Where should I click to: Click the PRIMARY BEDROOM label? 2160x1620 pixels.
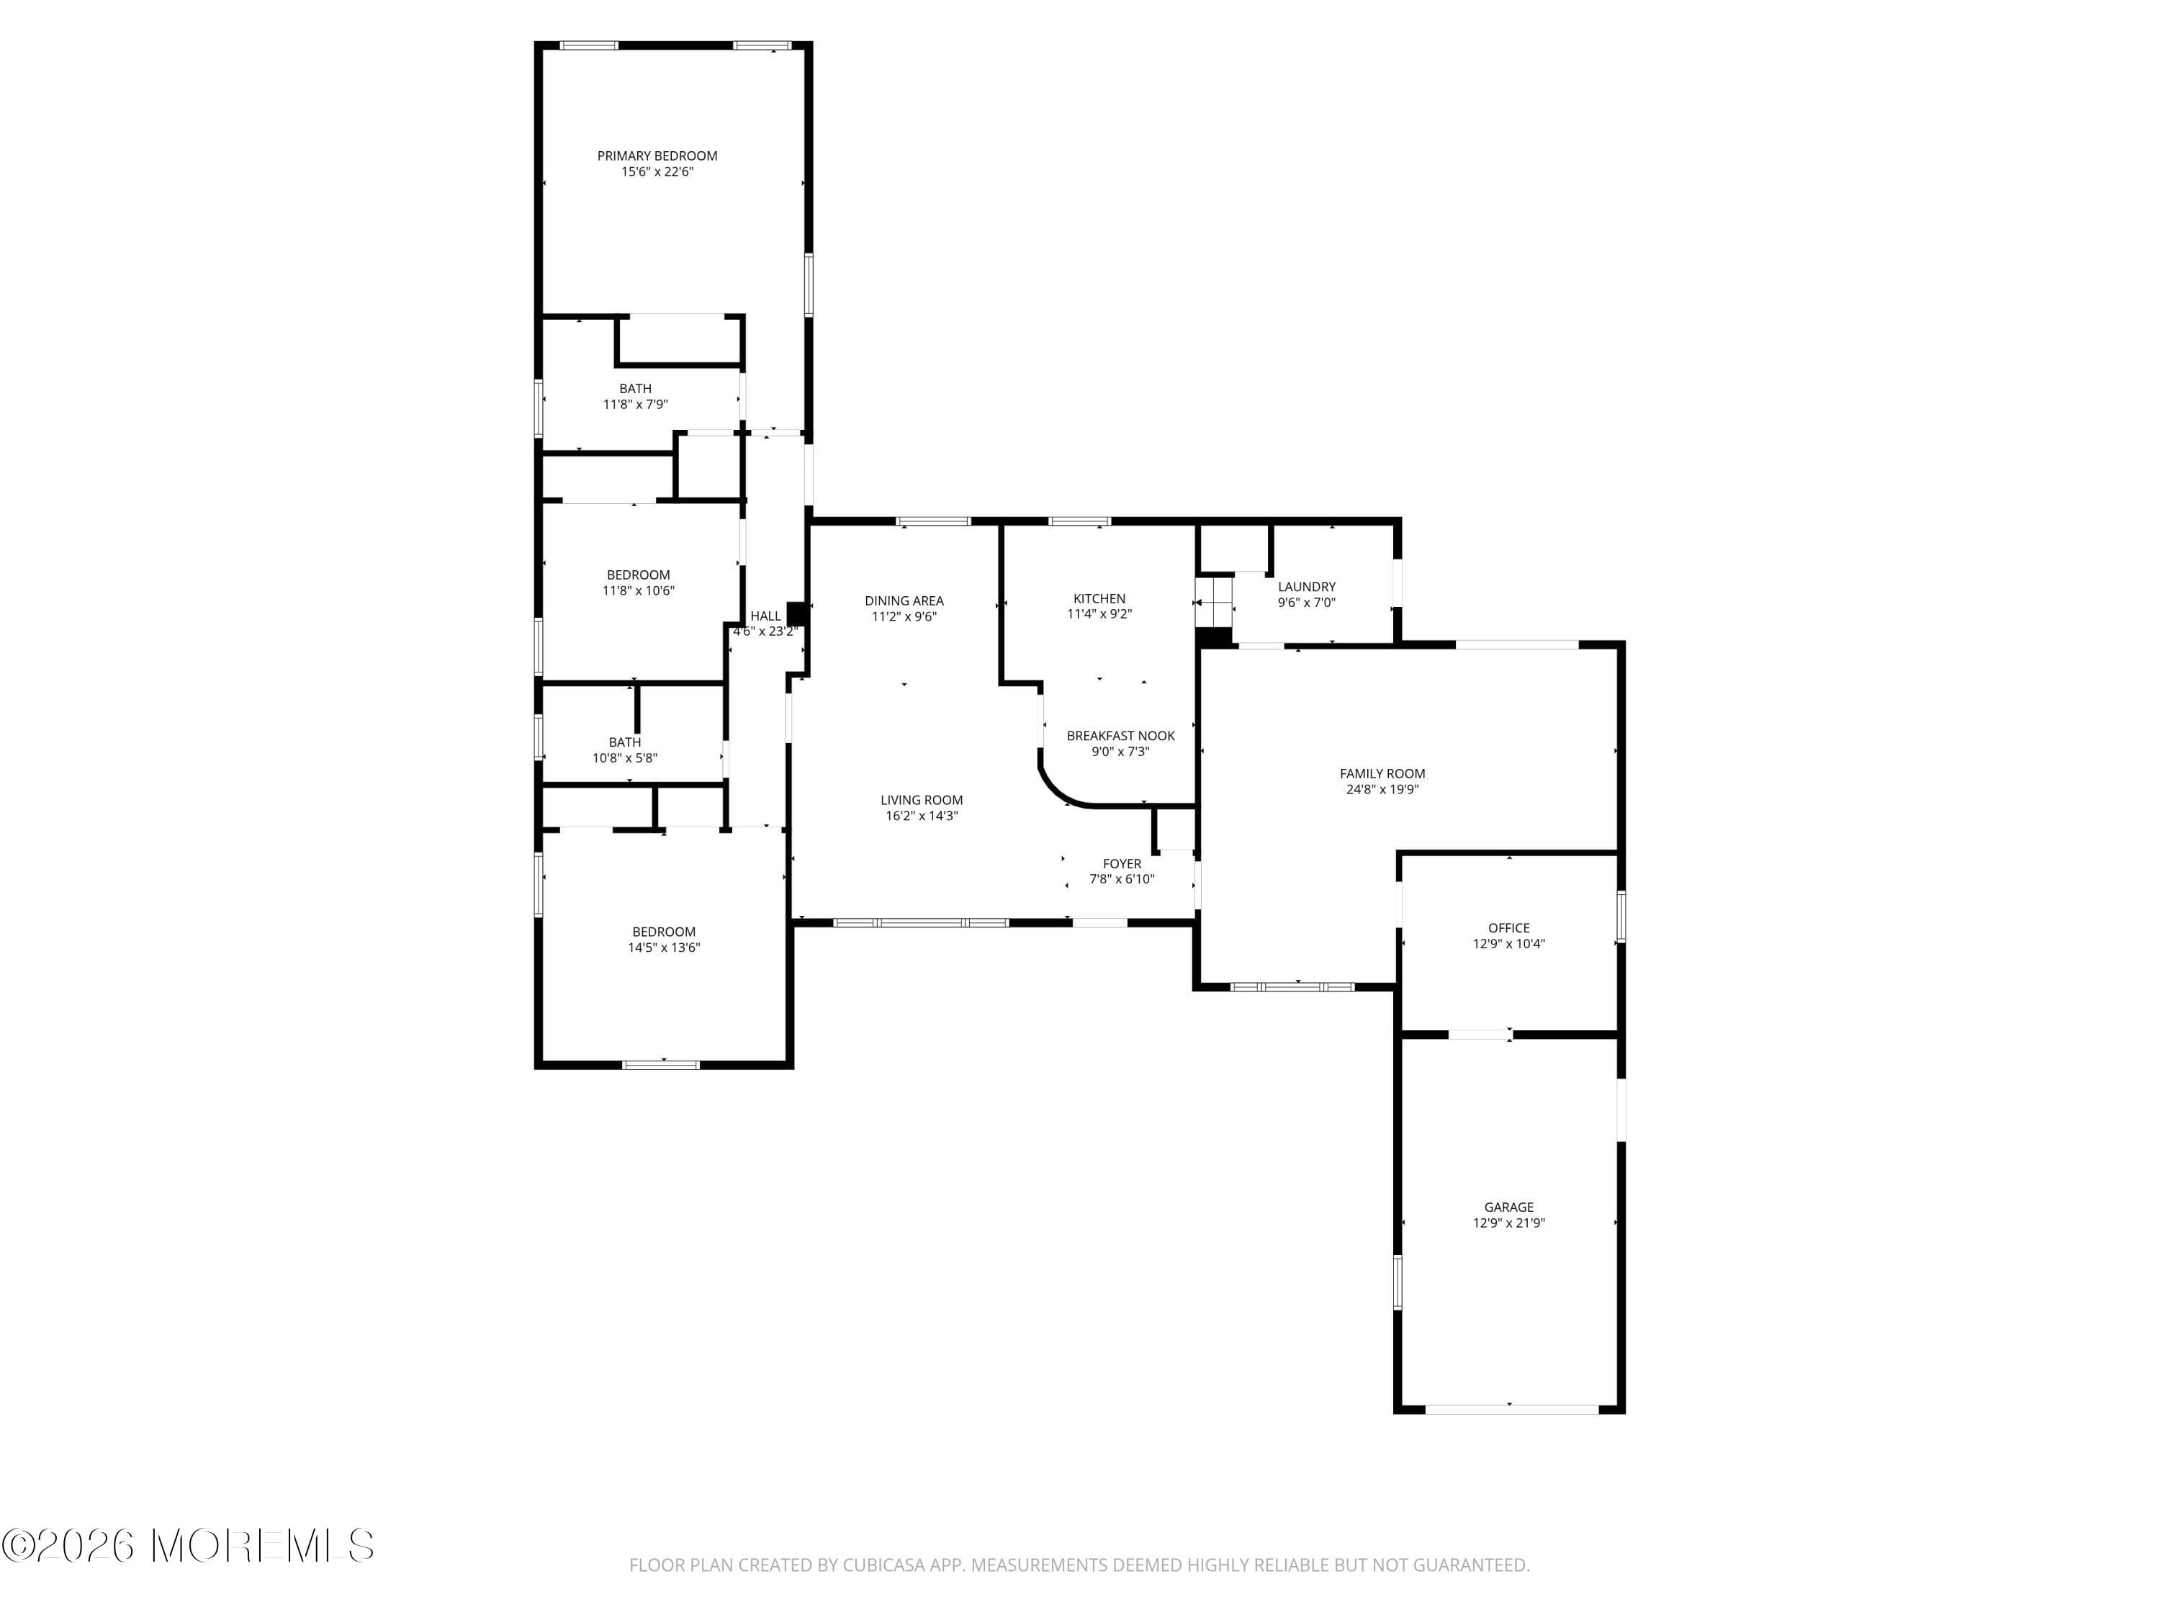(657, 156)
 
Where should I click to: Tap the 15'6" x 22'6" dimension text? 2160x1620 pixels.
(657, 172)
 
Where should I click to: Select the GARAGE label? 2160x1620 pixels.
(1508, 1207)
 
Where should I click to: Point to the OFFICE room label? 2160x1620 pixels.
(1508, 927)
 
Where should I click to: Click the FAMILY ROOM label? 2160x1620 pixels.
(1382, 773)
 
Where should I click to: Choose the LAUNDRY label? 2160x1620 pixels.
(1307, 587)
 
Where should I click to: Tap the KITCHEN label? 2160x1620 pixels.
(1099, 598)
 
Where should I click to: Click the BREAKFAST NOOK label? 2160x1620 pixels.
(1120, 735)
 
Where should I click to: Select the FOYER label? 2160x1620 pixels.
(1122, 863)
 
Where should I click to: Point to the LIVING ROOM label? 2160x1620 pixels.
(922, 800)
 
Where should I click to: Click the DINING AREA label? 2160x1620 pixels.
(904, 600)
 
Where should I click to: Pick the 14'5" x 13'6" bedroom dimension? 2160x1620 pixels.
(664, 948)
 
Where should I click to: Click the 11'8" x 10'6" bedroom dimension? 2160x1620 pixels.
(639, 591)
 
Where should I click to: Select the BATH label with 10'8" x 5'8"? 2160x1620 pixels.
(625, 742)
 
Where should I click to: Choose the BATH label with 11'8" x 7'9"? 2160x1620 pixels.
(636, 389)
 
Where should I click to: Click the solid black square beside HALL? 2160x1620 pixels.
(796, 613)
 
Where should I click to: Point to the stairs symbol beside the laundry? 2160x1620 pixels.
(1215, 603)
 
